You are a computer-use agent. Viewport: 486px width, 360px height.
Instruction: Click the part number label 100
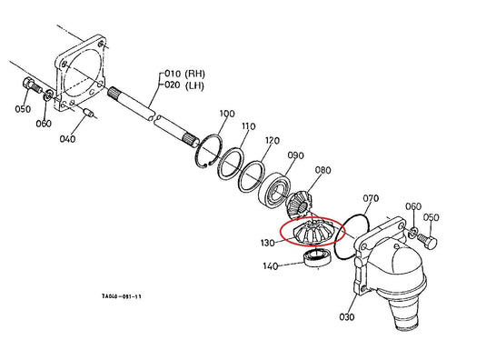tap(227, 114)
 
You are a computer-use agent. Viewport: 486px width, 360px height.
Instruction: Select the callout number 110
tap(249, 126)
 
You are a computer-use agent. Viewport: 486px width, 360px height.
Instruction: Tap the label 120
tap(273, 141)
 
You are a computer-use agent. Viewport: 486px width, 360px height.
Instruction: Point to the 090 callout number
tap(296, 155)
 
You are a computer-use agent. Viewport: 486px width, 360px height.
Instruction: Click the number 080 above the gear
tap(323, 170)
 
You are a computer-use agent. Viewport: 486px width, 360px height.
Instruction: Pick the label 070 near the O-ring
tap(371, 198)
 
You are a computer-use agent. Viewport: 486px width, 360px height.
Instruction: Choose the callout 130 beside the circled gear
tap(268, 243)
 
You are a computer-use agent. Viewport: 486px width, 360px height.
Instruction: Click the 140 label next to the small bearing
tap(271, 266)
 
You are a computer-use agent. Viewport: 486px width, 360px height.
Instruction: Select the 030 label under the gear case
tap(346, 317)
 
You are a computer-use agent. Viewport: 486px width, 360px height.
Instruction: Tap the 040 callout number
tap(67, 138)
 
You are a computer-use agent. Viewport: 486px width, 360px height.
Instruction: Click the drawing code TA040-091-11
tap(122, 296)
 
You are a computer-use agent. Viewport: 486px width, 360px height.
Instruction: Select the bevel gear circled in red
tap(312, 232)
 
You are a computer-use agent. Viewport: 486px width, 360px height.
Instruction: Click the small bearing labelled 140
tap(318, 258)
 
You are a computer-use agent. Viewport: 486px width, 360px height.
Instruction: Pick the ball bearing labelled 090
tap(275, 189)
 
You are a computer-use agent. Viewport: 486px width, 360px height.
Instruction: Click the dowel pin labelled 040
tap(89, 112)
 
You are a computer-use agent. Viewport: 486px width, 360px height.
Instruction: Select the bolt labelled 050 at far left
tap(32, 85)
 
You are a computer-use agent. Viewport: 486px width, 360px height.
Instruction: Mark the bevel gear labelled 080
tap(300, 205)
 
